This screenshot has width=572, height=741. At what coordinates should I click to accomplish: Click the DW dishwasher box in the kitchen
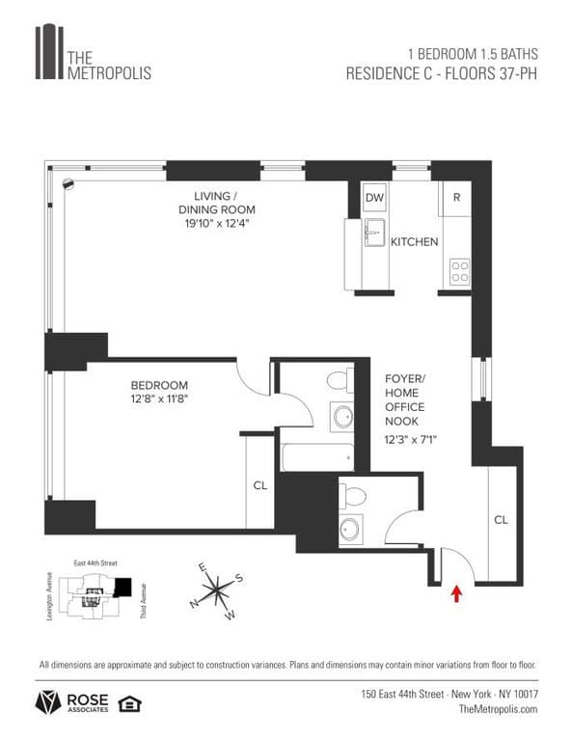pos(374,198)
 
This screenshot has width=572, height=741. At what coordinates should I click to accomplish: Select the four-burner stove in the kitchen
pos(459,271)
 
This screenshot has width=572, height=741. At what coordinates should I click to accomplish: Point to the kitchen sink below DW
pos(373,233)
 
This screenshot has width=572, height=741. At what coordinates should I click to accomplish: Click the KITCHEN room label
pos(414,242)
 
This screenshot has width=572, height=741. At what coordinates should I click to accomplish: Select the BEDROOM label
pos(159,384)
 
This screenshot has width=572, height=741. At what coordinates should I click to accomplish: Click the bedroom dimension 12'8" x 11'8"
pos(159,398)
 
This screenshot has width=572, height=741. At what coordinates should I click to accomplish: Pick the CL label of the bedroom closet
pos(260,486)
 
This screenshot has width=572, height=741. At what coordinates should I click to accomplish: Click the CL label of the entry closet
pos(501,519)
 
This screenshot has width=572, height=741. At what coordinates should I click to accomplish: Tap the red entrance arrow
pos(455,592)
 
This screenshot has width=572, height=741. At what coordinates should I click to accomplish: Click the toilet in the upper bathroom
pos(339,378)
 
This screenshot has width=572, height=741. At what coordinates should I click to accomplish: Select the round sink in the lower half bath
pos(349,528)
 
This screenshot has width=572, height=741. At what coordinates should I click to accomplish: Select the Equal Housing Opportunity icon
pos(126,703)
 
